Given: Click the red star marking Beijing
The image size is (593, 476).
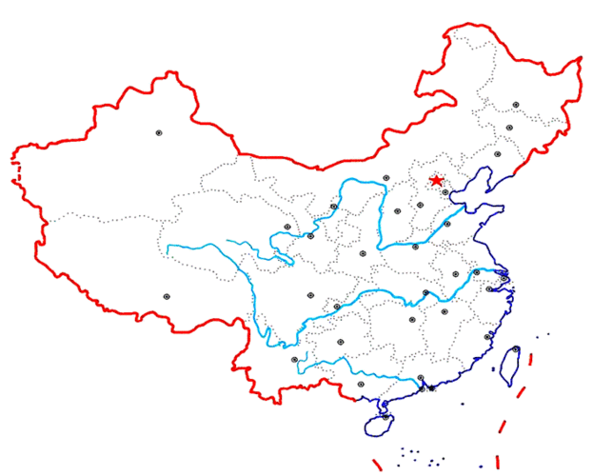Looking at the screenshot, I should [x=437, y=180].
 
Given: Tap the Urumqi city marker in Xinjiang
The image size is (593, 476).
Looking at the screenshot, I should [x=159, y=133].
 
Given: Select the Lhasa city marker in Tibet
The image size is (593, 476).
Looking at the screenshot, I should [x=167, y=296].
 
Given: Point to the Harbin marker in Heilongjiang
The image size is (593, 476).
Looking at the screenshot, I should [x=516, y=104].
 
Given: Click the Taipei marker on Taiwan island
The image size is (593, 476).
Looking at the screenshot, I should [x=516, y=349].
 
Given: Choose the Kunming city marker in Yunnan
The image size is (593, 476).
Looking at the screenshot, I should [x=295, y=359].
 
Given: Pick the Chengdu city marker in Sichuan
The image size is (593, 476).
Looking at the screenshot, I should [x=309, y=294].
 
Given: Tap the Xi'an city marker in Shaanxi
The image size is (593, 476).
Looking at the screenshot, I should [x=363, y=253].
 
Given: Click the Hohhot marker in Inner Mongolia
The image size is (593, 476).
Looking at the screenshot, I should [x=385, y=178].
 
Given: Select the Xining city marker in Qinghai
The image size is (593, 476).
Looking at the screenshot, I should [x=287, y=227].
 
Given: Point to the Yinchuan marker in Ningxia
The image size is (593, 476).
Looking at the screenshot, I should [x=334, y=206].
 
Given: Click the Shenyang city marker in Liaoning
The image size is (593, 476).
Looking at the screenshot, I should [x=497, y=154].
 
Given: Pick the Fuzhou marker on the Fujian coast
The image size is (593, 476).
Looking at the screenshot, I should [x=487, y=336].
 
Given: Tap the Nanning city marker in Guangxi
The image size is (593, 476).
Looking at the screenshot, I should [x=361, y=384].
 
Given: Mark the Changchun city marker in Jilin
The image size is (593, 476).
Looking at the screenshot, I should [x=509, y=128].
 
